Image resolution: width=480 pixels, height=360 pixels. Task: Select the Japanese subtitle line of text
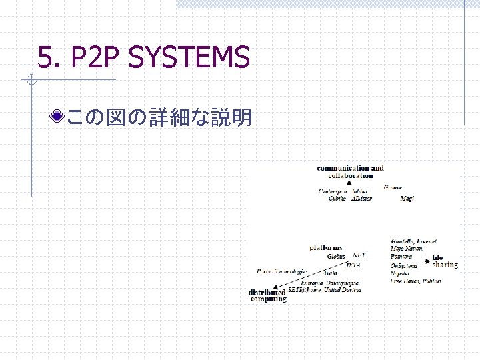[x=159, y=118]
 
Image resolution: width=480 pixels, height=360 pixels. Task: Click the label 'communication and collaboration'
[x=351, y=171]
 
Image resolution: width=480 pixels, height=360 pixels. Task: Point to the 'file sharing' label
[x=445, y=261]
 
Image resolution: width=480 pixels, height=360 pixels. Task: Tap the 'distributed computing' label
[x=268, y=295]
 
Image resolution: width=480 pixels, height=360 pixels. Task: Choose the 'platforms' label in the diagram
[x=326, y=247]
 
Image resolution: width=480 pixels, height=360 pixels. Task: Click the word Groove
[x=393, y=187]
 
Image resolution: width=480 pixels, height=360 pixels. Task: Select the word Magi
[x=407, y=199]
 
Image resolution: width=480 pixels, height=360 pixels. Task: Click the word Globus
[x=336, y=256]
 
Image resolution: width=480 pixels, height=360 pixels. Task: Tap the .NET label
[x=358, y=255]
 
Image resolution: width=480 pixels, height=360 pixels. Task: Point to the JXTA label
[x=353, y=265]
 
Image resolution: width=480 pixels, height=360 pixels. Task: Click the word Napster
[x=400, y=273]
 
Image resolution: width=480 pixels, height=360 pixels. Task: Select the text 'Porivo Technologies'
[x=282, y=271]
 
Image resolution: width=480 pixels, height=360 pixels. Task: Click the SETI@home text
[x=305, y=290]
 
